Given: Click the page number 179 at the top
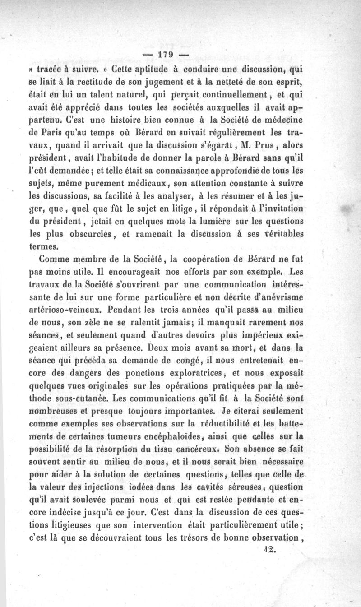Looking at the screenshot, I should tap(166, 56).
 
